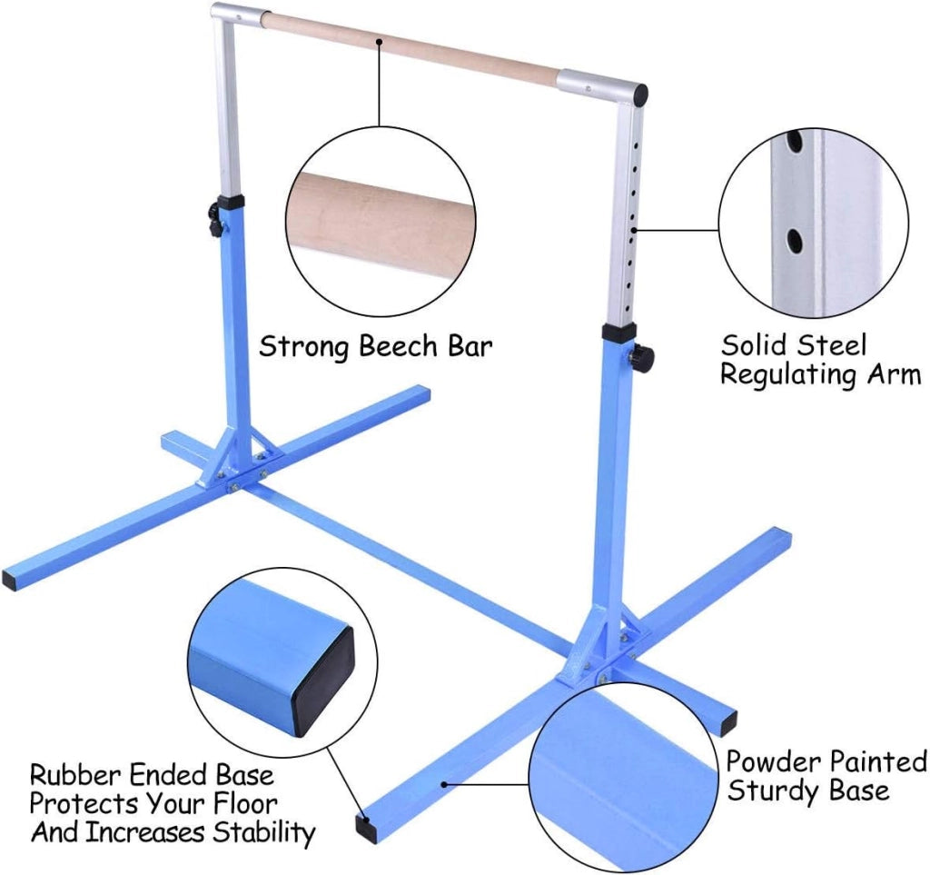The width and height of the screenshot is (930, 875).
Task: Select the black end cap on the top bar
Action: click(x=640, y=94)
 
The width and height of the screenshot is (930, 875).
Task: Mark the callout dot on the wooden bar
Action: click(x=380, y=42)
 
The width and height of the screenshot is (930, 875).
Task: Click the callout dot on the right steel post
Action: click(x=635, y=230)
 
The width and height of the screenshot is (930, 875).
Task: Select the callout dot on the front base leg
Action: click(x=443, y=784)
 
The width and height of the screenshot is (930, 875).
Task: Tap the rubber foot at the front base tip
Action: click(x=363, y=825)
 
